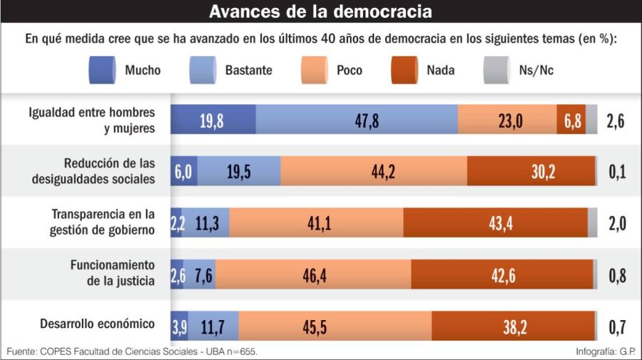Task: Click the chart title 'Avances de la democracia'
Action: (x=320, y=12)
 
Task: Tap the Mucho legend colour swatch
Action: (x=106, y=70)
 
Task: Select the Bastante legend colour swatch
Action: (x=206, y=70)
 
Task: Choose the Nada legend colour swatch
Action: (x=407, y=70)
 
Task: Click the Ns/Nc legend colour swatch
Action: (x=499, y=70)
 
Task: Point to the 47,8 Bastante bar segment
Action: (x=357, y=120)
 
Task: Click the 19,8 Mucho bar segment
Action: (x=213, y=120)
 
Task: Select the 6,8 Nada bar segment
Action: (x=571, y=120)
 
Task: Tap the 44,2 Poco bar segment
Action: (x=374, y=171)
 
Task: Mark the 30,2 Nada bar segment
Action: (x=531, y=171)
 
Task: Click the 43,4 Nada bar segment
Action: (x=496, y=223)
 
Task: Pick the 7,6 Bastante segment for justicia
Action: (x=205, y=275)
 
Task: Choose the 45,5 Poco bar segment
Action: (x=335, y=326)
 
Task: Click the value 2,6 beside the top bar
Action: (x=616, y=120)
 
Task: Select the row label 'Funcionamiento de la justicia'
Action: (x=112, y=272)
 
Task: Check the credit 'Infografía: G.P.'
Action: (x=605, y=352)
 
